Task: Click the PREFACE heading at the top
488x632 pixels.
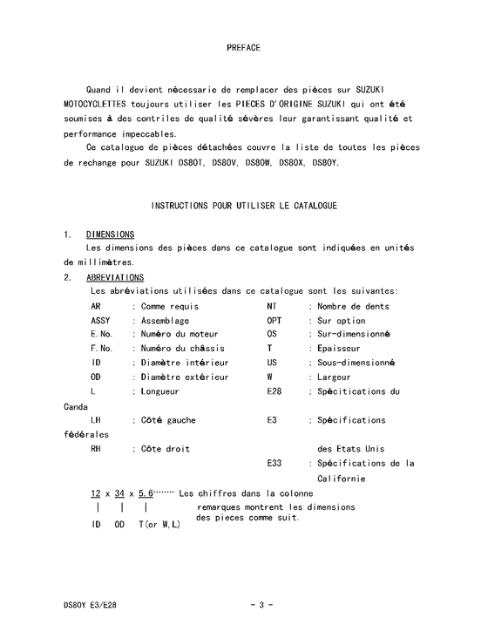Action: [x=243, y=48]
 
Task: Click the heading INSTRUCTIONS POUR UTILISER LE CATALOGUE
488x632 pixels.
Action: [x=244, y=206]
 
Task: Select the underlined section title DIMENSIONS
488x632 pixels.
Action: [x=110, y=234]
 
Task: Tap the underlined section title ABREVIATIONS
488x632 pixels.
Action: [x=115, y=277]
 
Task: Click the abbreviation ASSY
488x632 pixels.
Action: [x=100, y=320]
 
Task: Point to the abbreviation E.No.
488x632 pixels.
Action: [x=101, y=334]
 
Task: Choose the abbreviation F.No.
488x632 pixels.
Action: [x=101, y=348]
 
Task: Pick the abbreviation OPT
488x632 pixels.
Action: [x=274, y=320]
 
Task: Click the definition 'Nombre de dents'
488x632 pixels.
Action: [x=353, y=306]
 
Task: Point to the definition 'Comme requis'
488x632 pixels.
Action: [x=170, y=306]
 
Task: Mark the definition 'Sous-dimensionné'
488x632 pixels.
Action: [x=356, y=363]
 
